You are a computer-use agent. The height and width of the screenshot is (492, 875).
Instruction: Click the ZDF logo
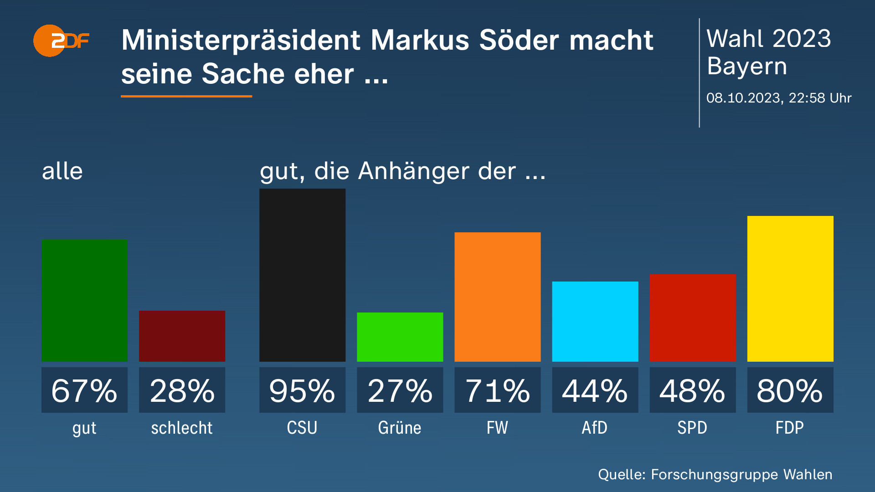pyautogui.click(x=61, y=41)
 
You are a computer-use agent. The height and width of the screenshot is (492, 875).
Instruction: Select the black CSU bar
pyautogui.click(x=302, y=275)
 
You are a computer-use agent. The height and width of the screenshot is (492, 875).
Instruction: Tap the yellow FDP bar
pyautogui.click(x=790, y=289)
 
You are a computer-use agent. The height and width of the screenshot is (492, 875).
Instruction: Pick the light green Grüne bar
pyautogui.click(x=400, y=337)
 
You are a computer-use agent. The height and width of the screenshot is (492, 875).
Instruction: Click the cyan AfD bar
pyautogui.click(x=595, y=322)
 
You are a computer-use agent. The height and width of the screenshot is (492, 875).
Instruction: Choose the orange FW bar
pyautogui.click(x=497, y=297)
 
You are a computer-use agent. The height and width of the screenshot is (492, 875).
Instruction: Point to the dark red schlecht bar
pyautogui.click(x=182, y=336)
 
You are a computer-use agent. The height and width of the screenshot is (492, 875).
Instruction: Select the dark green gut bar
pyautogui.click(x=84, y=301)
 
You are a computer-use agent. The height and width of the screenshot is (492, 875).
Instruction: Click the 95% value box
pyautogui.click(x=302, y=390)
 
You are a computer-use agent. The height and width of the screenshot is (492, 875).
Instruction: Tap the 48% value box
pyautogui.click(x=692, y=390)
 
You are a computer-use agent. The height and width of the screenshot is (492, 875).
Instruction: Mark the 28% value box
pyautogui.click(x=182, y=390)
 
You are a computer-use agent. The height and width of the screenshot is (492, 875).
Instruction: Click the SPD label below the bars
pyautogui.click(x=692, y=428)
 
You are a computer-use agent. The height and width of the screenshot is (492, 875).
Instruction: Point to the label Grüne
pyautogui.click(x=400, y=428)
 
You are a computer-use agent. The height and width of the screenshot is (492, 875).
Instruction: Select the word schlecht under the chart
pyautogui.click(x=181, y=428)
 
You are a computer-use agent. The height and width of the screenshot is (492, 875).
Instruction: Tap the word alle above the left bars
pyautogui.click(x=62, y=171)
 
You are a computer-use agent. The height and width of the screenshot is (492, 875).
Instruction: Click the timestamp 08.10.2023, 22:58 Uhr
pyautogui.click(x=778, y=98)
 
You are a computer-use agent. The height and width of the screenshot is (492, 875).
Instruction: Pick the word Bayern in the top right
pyautogui.click(x=746, y=67)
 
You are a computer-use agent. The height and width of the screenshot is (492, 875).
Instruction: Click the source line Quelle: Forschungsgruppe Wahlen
pyautogui.click(x=715, y=474)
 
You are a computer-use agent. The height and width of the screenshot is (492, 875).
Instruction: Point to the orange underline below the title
pyautogui.click(x=186, y=96)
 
